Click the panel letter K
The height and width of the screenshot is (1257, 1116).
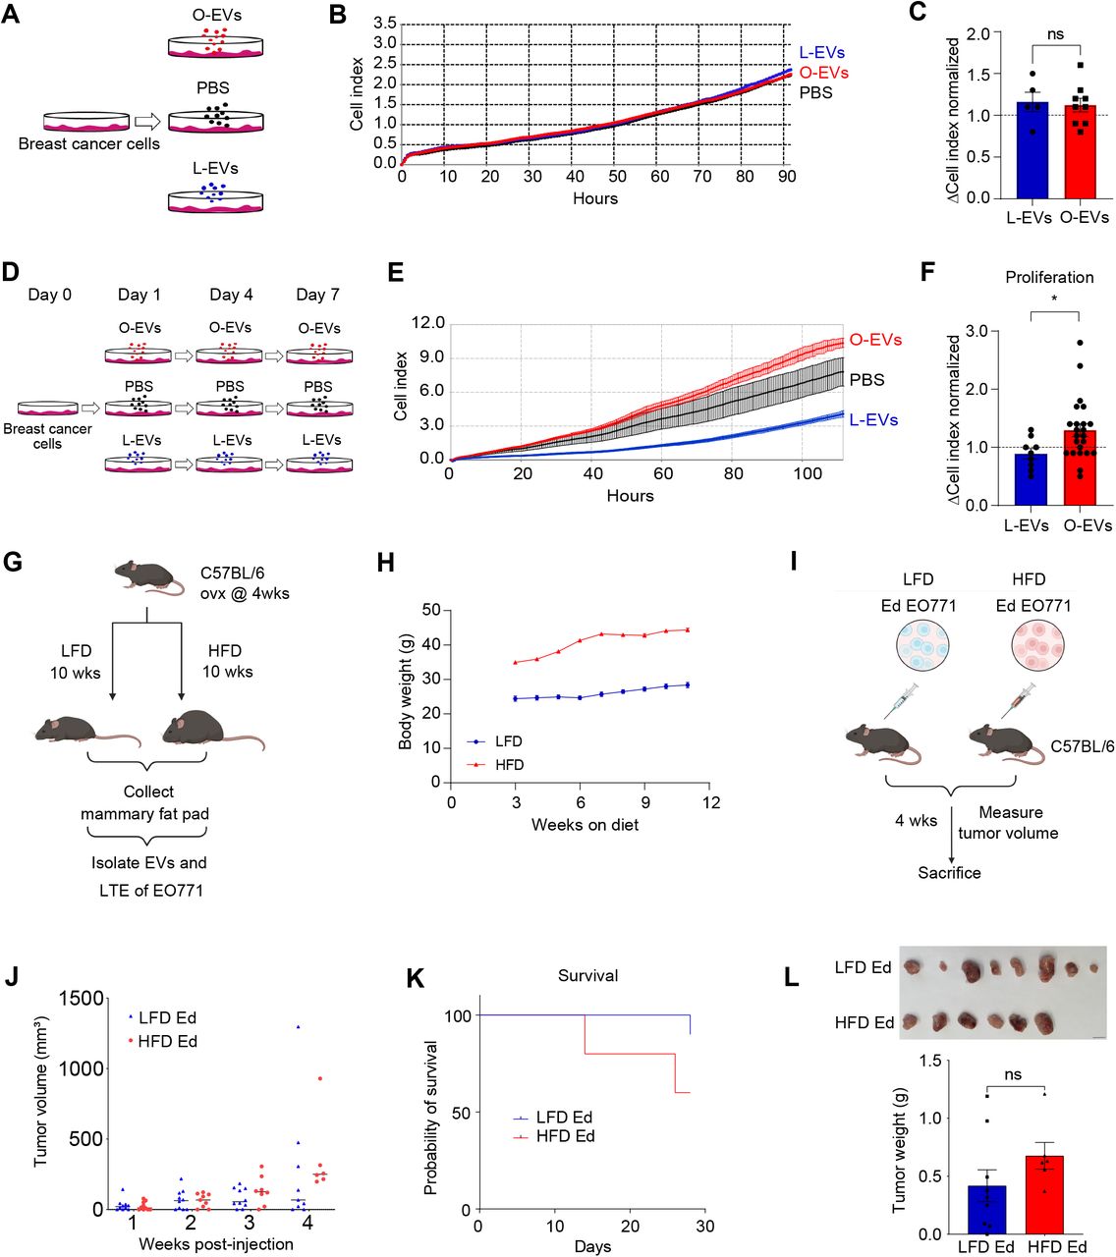click(415, 978)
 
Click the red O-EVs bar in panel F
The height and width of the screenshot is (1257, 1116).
click(1079, 467)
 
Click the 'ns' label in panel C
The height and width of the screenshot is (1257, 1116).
click(1055, 34)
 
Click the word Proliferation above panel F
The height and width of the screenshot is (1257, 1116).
click(1049, 277)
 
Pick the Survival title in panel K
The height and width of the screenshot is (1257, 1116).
click(587, 975)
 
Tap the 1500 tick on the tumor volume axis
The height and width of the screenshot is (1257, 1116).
click(84, 999)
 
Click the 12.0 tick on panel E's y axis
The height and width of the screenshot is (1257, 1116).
click(426, 323)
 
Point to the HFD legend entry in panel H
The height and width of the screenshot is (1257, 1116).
click(509, 764)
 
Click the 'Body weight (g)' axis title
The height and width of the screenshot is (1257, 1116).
click(406, 692)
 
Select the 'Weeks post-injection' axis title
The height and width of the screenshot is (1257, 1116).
click(215, 1244)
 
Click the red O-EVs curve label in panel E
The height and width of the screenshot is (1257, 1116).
click(875, 340)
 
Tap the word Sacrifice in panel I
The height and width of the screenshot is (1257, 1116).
click(949, 872)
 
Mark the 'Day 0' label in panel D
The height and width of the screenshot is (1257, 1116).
click(49, 295)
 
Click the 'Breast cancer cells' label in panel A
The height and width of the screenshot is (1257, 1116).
click(88, 143)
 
